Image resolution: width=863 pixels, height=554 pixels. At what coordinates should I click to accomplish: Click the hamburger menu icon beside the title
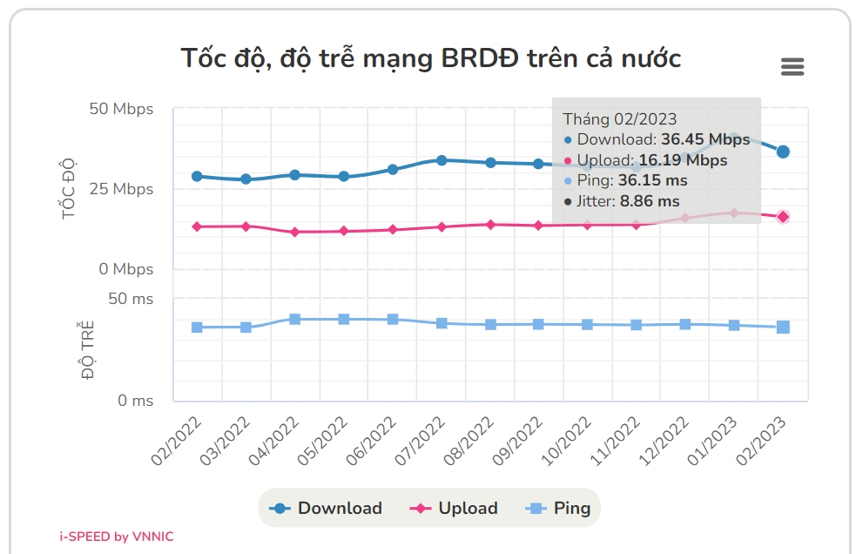pyautogui.click(x=792, y=67)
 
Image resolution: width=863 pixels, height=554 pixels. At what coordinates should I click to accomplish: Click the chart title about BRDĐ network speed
pyautogui.click(x=430, y=58)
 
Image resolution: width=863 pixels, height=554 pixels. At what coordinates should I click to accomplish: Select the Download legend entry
pyautogui.click(x=327, y=509)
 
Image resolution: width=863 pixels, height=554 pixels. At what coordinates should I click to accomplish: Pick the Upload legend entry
pyautogui.click(x=455, y=509)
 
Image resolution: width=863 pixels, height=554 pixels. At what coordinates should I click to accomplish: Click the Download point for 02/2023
pyautogui.click(x=783, y=152)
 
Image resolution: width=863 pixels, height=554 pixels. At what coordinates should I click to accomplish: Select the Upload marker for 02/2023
pyautogui.click(x=783, y=217)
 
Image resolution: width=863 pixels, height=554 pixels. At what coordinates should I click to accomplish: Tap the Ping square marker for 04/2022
pyautogui.click(x=295, y=320)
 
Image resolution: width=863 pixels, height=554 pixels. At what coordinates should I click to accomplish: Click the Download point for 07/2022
pyautogui.click(x=442, y=160)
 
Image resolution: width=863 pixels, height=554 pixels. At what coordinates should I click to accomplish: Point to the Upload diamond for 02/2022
pyautogui.click(x=197, y=226)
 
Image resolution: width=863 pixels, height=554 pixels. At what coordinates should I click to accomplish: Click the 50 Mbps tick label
pyautogui.click(x=121, y=109)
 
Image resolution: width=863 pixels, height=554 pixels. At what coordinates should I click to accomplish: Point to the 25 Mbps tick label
pyautogui.click(x=121, y=189)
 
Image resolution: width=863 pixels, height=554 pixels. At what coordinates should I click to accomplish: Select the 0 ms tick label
pyautogui.click(x=135, y=401)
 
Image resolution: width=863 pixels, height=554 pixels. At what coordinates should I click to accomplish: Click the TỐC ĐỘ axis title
pyautogui.click(x=71, y=189)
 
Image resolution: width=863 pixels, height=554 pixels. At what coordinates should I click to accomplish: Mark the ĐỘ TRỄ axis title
pyautogui.click(x=87, y=350)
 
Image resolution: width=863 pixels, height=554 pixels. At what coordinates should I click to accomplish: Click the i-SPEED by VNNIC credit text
pyautogui.click(x=116, y=537)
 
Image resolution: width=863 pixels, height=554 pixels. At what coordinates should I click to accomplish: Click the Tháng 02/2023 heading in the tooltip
pyautogui.click(x=619, y=119)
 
